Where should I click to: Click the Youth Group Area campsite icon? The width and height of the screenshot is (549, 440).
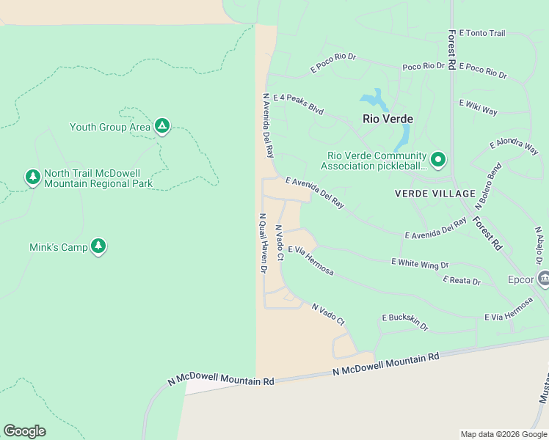pyautogui.click(x=162, y=127)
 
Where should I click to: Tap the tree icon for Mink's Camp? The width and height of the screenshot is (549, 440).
pyautogui.click(x=99, y=247)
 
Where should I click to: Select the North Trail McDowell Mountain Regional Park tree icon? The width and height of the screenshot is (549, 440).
pyautogui.click(x=32, y=177)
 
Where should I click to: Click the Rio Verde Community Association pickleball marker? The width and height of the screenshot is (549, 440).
pyautogui.click(x=438, y=159)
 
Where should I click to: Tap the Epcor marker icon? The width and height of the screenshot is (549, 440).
pyautogui.click(x=543, y=278)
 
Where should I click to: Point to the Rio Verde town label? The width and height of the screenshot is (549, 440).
pyautogui.click(x=388, y=119)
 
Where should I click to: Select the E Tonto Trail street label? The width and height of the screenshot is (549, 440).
pyautogui.click(x=482, y=34)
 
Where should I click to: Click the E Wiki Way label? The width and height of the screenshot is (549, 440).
pyautogui.click(x=478, y=107)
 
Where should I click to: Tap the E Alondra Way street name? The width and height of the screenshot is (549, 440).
pyautogui.click(x=514, y=145)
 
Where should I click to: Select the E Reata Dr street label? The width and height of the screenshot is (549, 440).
pyautogui.click(x=462, y=281)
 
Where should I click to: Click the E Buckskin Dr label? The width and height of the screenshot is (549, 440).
pyautogui.click(x=404, y=321)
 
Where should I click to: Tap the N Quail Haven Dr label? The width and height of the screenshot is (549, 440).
pyautogui.click(x=261, y=243)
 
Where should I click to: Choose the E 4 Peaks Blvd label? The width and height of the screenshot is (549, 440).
pyautogui.click(x=298, y=104)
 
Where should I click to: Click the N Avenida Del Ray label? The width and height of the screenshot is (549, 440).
pyautogui.click(x=268, y=125)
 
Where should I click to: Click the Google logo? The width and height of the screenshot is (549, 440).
pyautogui.click(x=24, y=431)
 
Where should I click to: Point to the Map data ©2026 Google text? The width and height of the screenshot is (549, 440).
pyautogui.click(x=503, y=434)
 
